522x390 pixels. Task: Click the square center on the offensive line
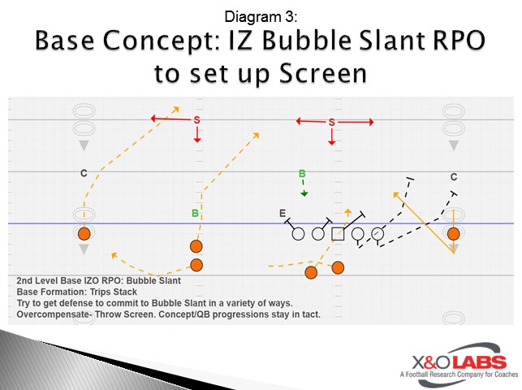pos(339,234)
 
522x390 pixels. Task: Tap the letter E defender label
pos(283,214)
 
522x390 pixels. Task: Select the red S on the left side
pos(196,120)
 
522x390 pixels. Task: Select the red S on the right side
pos(331,123)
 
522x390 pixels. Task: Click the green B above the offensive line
pos(302,173)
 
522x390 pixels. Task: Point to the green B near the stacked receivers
pos(195,214)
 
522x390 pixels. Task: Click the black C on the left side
pos(84,173)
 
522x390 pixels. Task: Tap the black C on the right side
pos(454,176)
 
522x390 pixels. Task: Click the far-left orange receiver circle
pos(84,234)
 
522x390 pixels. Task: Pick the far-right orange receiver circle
pos(454,234)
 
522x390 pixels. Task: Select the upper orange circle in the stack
pos(196,246)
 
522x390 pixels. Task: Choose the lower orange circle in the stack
pos(196,265)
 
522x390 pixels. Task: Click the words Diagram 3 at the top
pos(260,15)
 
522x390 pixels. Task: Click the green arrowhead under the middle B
pos(304,193)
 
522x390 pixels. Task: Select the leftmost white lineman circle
pos(298,234)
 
